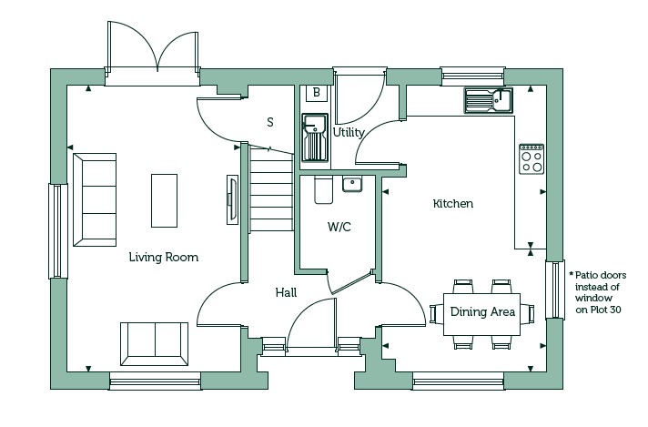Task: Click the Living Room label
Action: point(164,258)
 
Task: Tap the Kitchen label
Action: point(453,203)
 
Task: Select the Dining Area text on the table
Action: point(482,311)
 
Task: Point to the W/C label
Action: point(339,227)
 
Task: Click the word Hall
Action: point(286,292)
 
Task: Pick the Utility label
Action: point(349,133)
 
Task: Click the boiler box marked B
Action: point(317,93)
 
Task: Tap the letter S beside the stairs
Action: point(270,122)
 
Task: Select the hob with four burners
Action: point(532,159)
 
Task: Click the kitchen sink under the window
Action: point(488,100)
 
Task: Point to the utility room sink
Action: point(315,137)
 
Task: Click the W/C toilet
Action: point(323,189)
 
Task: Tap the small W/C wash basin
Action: point(352,184)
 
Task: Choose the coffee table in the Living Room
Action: point(164,200)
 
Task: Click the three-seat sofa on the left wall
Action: point(95,200)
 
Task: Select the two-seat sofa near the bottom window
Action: point(154,344)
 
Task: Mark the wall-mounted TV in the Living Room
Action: point(232,199)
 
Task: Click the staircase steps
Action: point(271,189)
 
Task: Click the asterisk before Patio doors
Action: point(572,274)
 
